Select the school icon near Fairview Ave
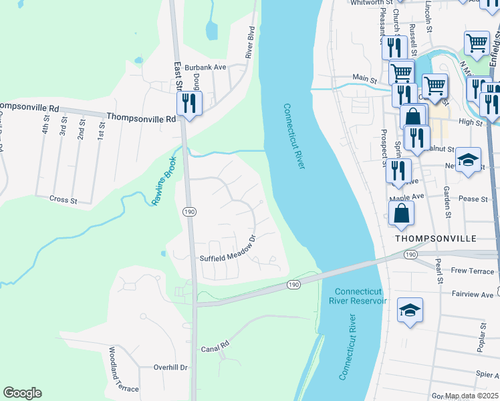410,310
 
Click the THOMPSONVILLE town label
445,238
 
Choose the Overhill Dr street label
170,367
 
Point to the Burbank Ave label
207,67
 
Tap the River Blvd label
251,43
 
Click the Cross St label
64,198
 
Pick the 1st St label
102,129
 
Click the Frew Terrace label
473,271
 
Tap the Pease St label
473,198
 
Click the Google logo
22,393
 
